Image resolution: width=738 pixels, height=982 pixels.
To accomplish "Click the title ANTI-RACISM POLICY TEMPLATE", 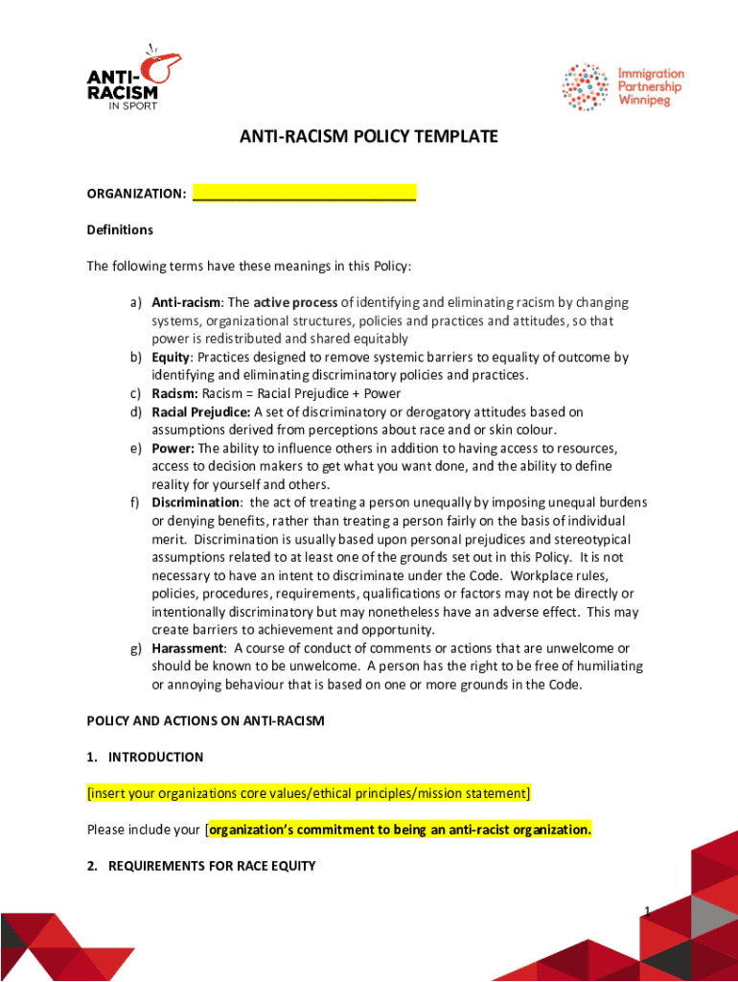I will point(369,137).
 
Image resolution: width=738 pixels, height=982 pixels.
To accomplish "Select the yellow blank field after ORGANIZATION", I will point(304,194).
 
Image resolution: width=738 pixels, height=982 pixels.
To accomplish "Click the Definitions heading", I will point(120,230).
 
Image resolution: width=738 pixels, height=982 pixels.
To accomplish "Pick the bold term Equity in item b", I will point(171,358).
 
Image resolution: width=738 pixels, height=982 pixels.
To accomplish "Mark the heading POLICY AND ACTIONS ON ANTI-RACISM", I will point(205,720).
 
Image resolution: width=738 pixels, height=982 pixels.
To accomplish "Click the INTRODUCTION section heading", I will point(155,757).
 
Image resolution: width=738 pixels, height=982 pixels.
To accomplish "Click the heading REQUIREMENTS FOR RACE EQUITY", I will point(212,866).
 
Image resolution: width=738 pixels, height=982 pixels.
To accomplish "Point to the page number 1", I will point(647,911).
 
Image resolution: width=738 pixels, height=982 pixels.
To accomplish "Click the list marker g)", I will point(137,648).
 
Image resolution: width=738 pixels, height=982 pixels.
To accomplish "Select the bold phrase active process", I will point(295,303).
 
